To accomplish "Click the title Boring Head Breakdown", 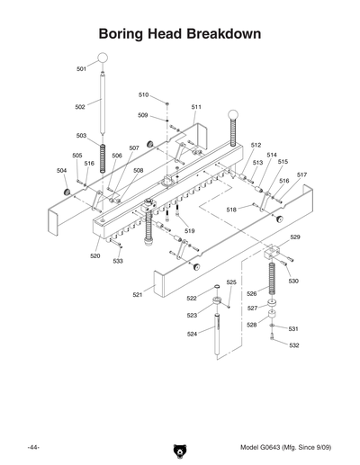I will (180, 34).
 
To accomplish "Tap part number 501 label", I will (82, 68).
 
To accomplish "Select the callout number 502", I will (80, 106).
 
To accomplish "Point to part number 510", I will (143, 94).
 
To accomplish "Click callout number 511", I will (196, 106).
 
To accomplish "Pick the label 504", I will (61, 170).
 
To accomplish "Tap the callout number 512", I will (256, 144).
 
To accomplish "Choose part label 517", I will (301, 174).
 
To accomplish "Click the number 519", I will (190, 231).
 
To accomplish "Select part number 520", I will (95, 255).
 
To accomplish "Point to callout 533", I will (118, 262).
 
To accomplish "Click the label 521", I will (139, 294).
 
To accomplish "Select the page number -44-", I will (32, 446).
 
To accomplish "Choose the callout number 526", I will (252, 293).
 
